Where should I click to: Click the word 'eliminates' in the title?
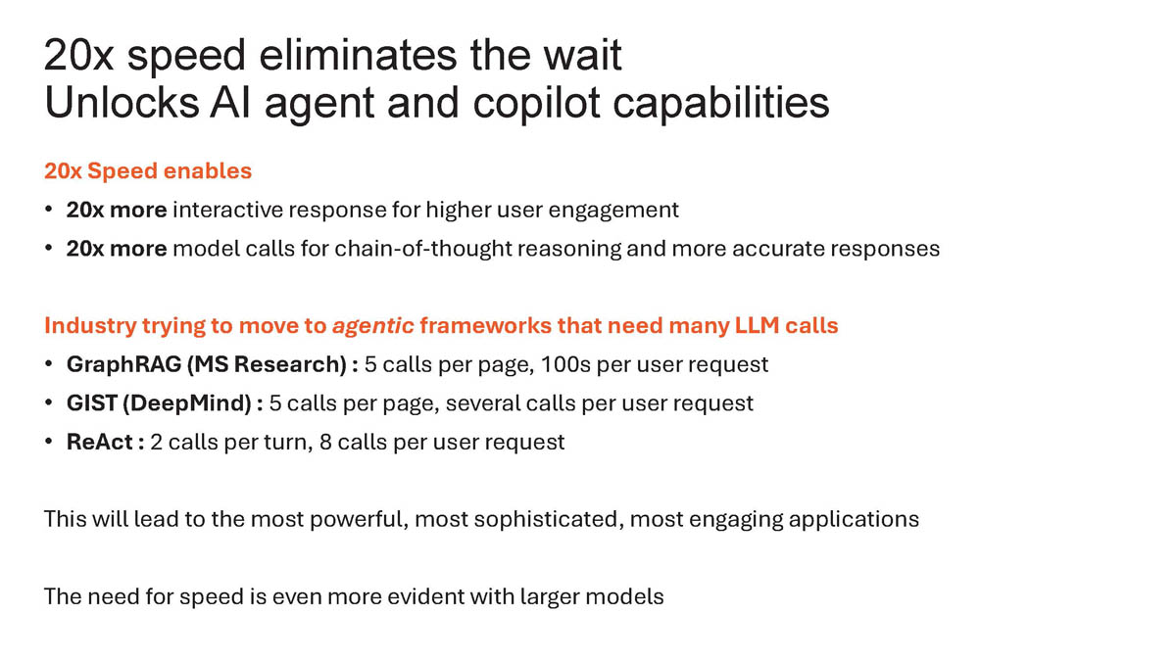(x=358, y=55)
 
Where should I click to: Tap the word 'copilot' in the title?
(x=537, y=104)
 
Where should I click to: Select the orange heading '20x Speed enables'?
(x=148, y=171)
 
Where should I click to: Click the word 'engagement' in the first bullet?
(x=613, y=211)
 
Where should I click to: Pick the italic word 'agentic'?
(x=373, y=326)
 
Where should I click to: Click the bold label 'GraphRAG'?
(x=123, y=364)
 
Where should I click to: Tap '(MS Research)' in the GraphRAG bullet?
(x=267, y=364)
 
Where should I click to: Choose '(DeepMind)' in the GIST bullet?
(x=187, y=403)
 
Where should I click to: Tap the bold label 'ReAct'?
(x=100, y=443)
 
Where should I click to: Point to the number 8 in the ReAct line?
(x=325, y=443)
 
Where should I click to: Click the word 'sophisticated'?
(x=549, y=520)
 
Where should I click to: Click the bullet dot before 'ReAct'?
(x=49, y=442)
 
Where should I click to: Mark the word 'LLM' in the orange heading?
(x=757, y=326)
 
